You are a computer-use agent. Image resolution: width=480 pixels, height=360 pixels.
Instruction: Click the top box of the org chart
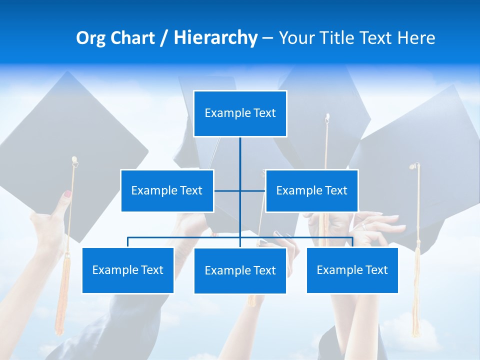point(240,113)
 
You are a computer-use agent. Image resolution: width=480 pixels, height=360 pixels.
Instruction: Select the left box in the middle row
point(167,190)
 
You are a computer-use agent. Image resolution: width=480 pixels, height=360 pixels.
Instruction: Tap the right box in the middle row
point(311,190)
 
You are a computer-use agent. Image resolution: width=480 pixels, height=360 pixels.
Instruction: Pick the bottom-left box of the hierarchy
point(128,270)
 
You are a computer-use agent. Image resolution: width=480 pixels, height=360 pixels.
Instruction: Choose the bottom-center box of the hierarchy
point(240,270)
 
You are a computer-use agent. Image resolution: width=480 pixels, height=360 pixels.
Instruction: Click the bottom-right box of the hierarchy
point(352,270)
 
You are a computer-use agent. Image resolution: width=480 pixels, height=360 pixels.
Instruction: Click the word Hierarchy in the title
point(215,38)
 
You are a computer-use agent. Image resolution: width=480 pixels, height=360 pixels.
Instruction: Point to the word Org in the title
point(90,38)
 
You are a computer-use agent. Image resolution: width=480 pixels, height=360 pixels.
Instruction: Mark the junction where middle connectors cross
point(240,190)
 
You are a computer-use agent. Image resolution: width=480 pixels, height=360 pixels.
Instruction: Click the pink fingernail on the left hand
point(67,193)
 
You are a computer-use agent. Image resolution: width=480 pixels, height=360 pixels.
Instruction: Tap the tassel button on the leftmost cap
point(74,160)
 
